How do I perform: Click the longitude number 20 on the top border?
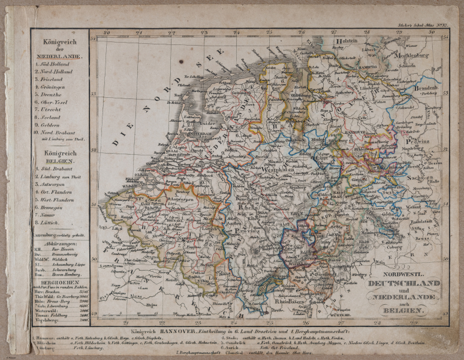[x=106, y=34]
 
